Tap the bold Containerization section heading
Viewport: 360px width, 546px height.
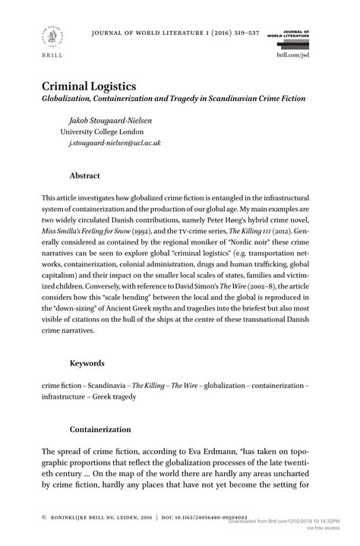coord(101,430)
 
